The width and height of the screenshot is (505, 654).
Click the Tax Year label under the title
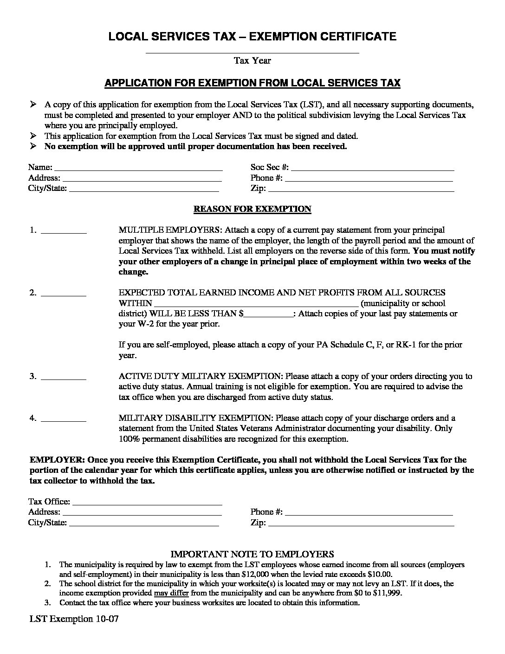point(252,60)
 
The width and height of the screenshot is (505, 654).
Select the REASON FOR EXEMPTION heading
point(252,209)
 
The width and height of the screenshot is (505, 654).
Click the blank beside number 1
point(64,231)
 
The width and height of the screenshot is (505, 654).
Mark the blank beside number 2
point(64,294)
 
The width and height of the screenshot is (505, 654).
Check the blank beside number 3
point(64,377)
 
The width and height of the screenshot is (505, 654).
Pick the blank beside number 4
point(64,419)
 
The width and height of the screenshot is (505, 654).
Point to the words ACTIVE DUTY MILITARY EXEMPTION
point(200,376)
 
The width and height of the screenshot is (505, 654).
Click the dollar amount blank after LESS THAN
point(269,314)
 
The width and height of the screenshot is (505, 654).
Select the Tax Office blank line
point(147,503)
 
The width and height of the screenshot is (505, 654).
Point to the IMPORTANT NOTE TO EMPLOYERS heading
point(252,554)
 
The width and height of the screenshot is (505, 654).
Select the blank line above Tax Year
point(252,52)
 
